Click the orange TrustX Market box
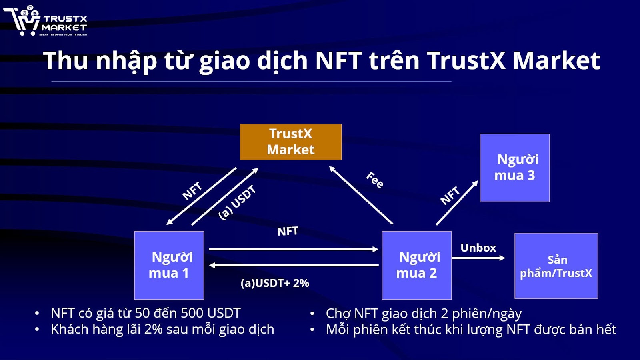coord(291,142)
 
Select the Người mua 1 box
coord(169,265)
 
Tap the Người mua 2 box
coord(417,265)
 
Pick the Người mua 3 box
coord(515,168)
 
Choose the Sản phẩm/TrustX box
coord(556,266)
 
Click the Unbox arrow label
coord(478,248)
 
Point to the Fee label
coord(375,180)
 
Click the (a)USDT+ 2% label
coord(275,283)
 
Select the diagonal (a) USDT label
coord(237,202)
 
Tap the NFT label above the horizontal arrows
coord(288,231)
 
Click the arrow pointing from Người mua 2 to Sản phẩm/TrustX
coord(478,258)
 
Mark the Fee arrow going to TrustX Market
coord(361,195)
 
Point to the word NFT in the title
coord(338,61)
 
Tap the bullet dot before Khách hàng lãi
coord(37,330)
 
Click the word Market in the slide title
coord(556,61)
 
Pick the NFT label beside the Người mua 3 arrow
coord(450,195)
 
